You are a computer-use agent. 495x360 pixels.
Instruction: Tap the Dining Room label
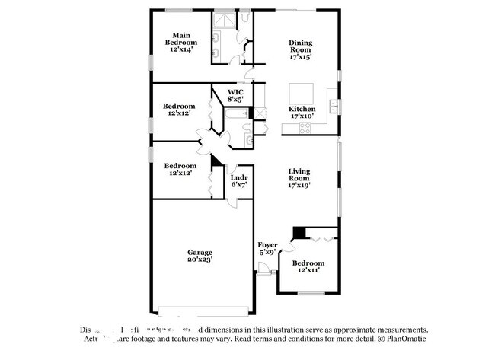301,49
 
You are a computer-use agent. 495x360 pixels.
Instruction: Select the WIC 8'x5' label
235,95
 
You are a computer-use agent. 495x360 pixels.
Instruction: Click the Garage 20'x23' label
200,255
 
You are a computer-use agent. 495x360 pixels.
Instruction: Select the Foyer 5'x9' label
267,248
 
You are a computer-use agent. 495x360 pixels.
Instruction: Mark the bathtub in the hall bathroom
235,115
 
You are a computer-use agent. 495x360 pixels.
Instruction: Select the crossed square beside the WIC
259,114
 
